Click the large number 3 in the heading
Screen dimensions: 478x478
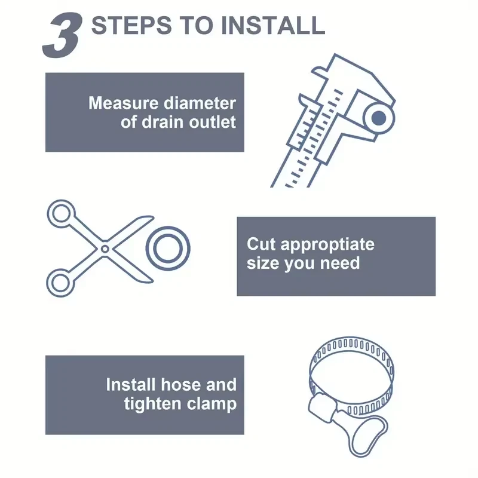pyautogui.click(x=63, y=36)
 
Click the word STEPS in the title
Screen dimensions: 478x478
pyautogui.click(x=131, y=25)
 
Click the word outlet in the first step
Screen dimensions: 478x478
pyautogui.click(x=212, y=122)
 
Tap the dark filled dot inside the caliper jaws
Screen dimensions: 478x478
pyautogui.click(x=379, y=118)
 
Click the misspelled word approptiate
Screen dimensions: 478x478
pyautogui.click(x=327, y=245)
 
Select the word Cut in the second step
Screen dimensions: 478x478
pyautogui.click(x=261, y=244)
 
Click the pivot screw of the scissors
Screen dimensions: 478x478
pyautogui.click(x=105, y=249)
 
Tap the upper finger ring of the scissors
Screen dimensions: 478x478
pyautogui.click(x=61, y=214)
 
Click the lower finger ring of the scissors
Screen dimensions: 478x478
pyautogui.click(x=60, y=283)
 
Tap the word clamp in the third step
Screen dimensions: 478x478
pyautogui.click(x=212, y=405)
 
